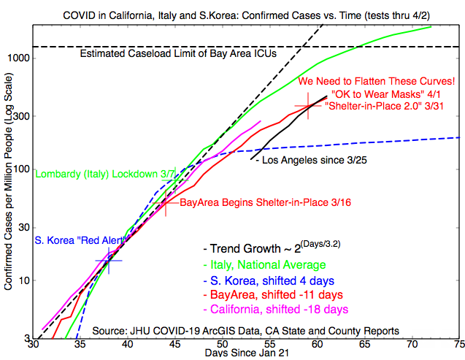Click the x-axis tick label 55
pyautogui.click(x=269, y=344)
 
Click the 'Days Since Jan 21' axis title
pyautogui.click(x=245, y=354)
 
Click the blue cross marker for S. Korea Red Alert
pyautogui.click(x=108, y=260)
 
